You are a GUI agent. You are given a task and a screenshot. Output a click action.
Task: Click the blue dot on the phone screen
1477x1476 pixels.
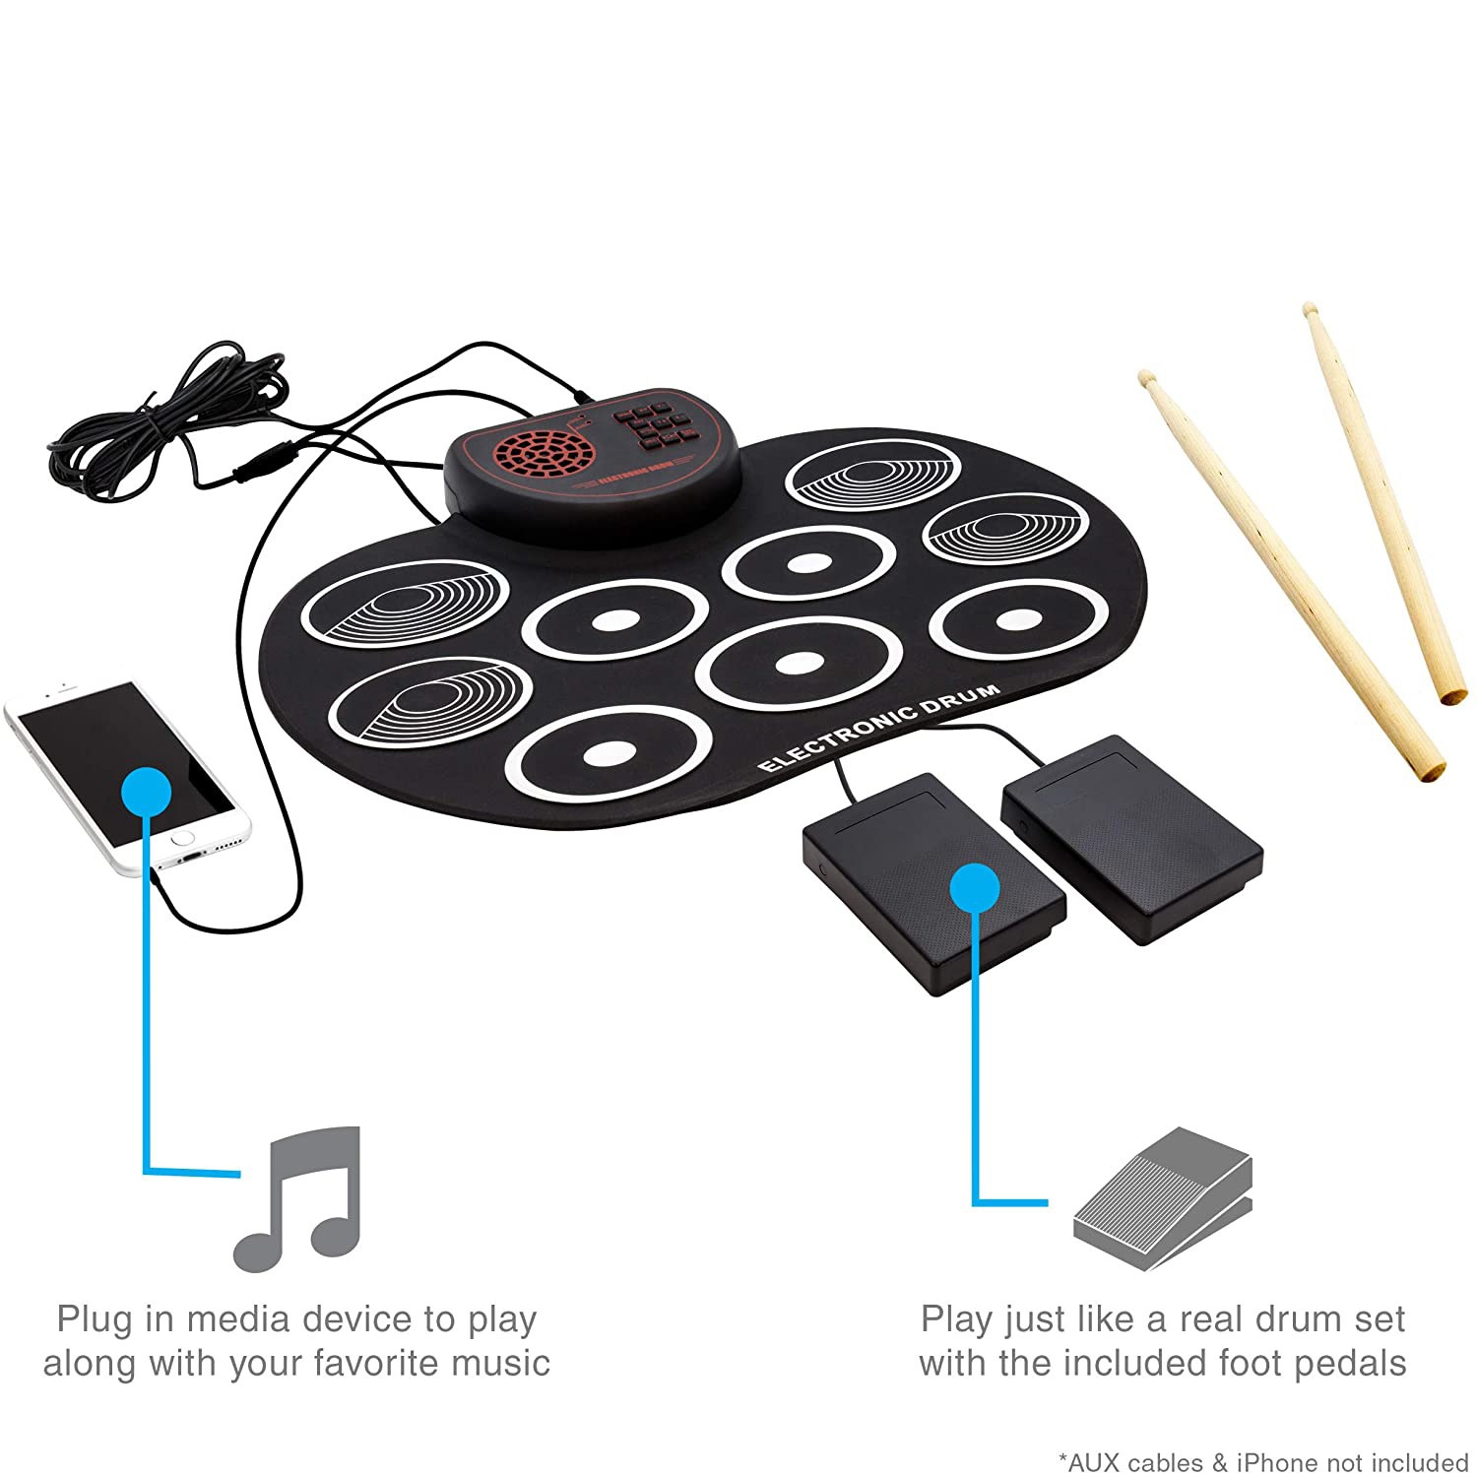pos(148,791)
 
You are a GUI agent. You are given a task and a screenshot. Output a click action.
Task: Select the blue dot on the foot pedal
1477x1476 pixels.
pos(975,888)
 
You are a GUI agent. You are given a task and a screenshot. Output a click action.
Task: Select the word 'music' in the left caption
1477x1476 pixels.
pos(508,1364)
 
